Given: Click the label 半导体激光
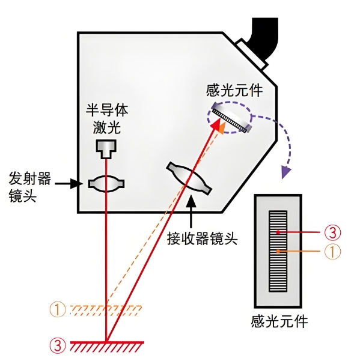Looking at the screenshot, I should click(x=107, y=118).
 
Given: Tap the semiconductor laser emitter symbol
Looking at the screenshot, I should click(x=106, y=147).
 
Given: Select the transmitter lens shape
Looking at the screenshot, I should click(x=106, y=183).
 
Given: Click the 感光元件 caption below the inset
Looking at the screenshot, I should click(x=279, y=321).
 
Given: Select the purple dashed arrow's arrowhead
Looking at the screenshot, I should click(x=286, y=174).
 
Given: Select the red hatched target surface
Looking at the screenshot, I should click(x=107, y=346).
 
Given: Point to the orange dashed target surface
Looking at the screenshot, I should click(x=106, y=310).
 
